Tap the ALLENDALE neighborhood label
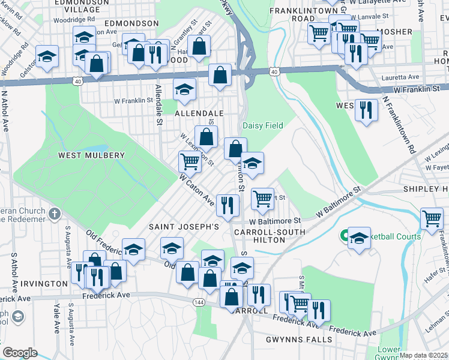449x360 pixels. coord(199,113)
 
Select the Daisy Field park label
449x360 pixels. coord(263,125)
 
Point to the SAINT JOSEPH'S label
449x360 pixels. coord(184,227)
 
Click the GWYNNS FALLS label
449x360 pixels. coord(299,340)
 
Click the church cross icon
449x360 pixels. coord(55,214)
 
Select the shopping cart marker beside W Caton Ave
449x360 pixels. coord(190,161)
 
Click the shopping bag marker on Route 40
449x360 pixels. coord(220,75)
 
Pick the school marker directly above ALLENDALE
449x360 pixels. coord(184,90)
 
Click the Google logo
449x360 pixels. coord(20,353)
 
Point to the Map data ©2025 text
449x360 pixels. coord(423,355)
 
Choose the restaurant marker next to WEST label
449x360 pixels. coord(366,110)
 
